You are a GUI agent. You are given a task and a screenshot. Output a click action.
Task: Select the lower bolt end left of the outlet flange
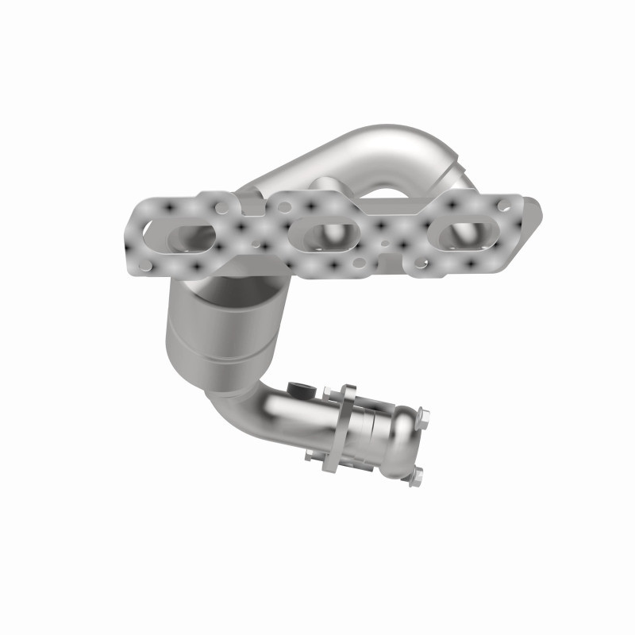311,455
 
